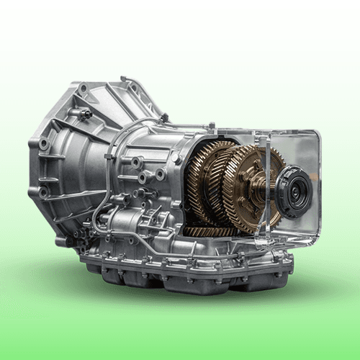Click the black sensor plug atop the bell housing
(85, 113)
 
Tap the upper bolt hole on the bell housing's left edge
(44, 144)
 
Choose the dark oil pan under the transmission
(187, 277)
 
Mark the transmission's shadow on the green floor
(180, 302)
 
